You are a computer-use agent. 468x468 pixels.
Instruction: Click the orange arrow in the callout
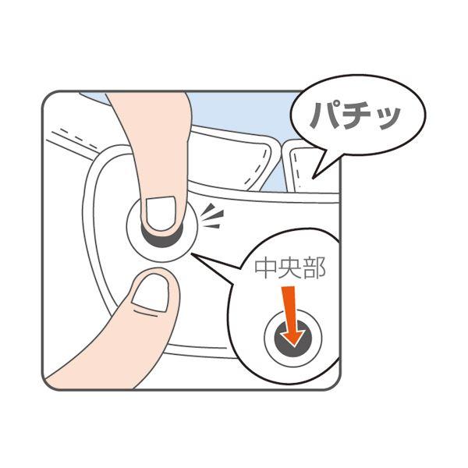[x=292, y=317]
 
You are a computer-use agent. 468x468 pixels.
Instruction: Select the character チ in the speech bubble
[x=359, y=115]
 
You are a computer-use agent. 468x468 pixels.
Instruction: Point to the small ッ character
[x=388, y=119]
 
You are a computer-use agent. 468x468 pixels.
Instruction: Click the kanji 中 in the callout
[x=265, y=268]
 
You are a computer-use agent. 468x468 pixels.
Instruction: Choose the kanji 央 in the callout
[x=289, y=268]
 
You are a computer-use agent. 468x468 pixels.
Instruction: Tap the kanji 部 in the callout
[x=314, y=268]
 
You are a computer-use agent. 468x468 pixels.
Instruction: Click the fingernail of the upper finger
[x=161, y=213]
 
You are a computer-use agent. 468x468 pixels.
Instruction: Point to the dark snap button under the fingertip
[x=162, y=238]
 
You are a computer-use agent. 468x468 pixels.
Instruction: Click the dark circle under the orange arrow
[x=292, y=339]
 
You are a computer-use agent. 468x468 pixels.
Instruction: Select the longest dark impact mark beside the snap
[x=212, y=215]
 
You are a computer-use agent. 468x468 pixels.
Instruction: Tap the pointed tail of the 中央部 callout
[x=193, y=254]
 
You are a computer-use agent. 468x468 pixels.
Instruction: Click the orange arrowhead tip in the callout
[x=294, y=347]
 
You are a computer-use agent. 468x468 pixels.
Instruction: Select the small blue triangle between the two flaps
[x=271, y=179]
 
